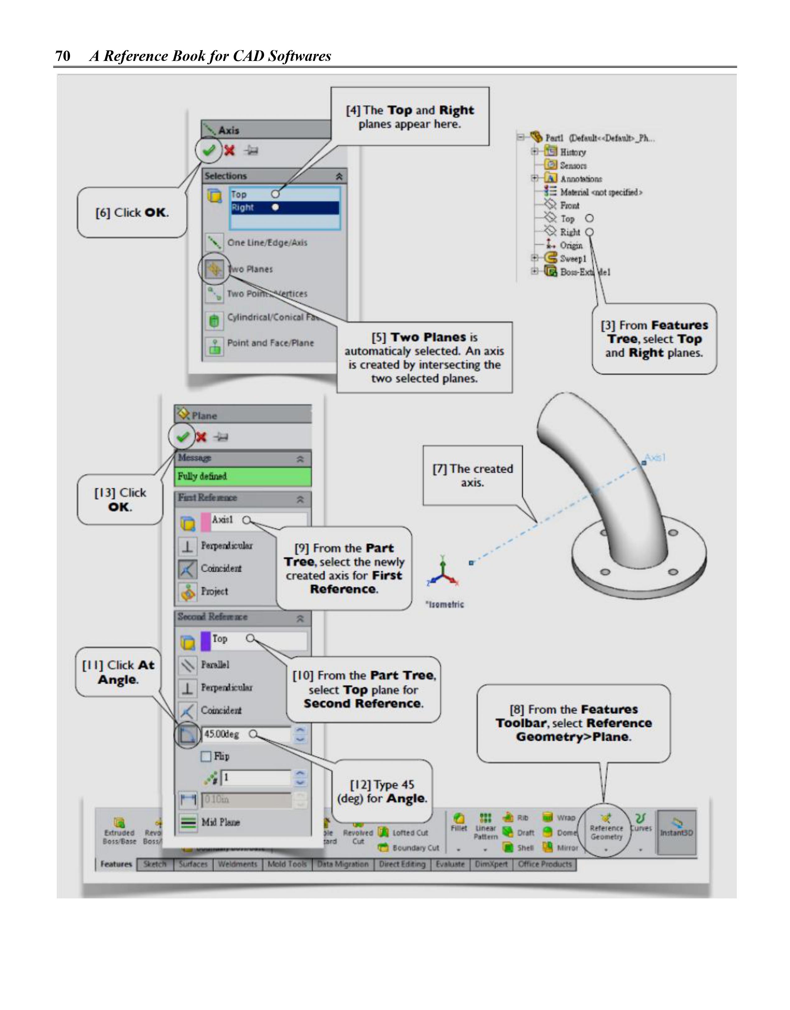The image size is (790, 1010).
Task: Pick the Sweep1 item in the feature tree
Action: [573, 259]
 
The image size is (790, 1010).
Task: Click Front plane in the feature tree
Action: [569, 205]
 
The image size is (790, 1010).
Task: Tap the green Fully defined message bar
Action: [243, 476]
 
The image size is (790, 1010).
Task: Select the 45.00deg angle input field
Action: [246, 734]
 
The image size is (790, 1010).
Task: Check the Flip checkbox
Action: [206, 756]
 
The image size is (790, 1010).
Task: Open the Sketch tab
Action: [155, 864]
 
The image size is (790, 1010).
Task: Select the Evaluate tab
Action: [450, 864]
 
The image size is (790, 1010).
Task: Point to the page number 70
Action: [63, 56]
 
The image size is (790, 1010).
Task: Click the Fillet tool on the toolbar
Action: [459, 823]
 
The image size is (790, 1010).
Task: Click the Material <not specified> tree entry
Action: [601, 192]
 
